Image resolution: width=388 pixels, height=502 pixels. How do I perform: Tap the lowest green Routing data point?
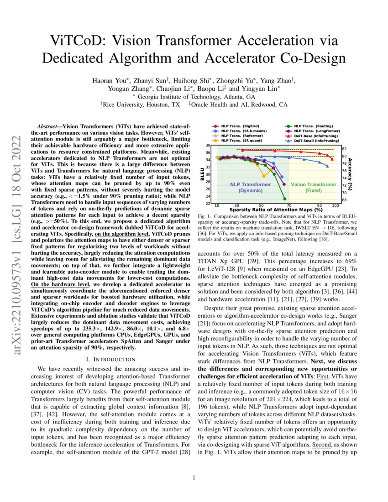285,199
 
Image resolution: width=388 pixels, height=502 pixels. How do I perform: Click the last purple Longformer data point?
284,184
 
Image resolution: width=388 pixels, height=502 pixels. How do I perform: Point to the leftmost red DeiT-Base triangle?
243,150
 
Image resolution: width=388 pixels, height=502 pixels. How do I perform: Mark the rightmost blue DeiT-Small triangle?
327,166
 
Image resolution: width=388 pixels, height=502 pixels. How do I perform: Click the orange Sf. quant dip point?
263,176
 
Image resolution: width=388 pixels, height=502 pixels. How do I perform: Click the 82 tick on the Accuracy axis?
344,149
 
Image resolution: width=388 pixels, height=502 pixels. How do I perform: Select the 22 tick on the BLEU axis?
208,204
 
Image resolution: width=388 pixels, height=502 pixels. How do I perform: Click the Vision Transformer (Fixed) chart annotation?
314,187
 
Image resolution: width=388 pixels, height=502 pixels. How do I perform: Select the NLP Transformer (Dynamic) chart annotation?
250,187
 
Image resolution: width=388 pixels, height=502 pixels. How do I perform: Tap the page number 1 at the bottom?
194,478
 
